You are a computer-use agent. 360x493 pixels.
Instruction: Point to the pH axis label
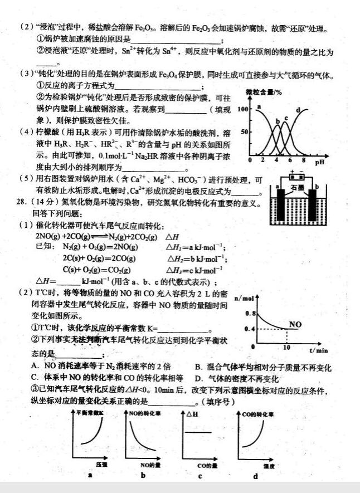(x=319, y=162)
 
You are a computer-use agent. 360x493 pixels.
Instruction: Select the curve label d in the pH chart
(x=298, y=109)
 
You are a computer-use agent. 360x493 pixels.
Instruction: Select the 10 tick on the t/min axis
(x=286, y=346)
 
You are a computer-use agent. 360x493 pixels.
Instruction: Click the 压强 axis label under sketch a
(x=100, y=463)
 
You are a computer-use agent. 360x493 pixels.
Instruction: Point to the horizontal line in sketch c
(x=200, y=432)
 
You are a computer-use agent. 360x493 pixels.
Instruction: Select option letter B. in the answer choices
(x=198, y=367)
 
